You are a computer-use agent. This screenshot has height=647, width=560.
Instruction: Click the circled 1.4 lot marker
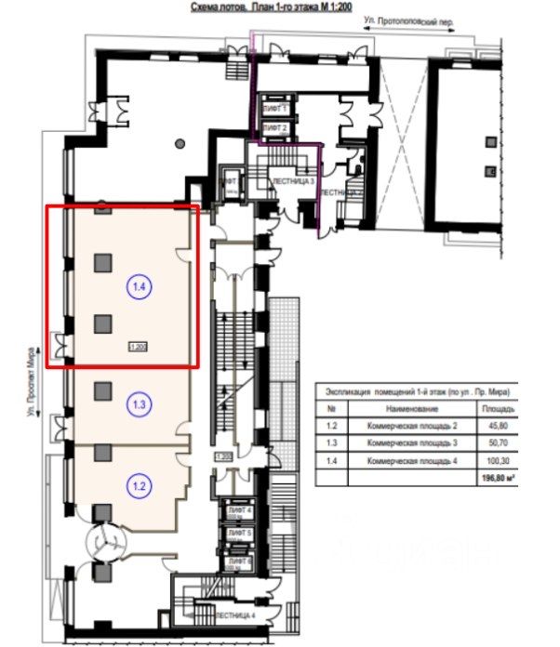point(139,287)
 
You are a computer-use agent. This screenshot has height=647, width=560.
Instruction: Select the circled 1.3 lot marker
point(139,404)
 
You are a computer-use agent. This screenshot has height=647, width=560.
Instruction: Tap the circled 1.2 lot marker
point(139,484)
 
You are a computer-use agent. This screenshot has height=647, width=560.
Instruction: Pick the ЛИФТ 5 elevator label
point(241,535)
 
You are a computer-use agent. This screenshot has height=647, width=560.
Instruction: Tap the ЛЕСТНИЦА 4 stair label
point(233,616)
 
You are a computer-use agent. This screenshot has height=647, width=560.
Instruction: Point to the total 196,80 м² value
point(496,477)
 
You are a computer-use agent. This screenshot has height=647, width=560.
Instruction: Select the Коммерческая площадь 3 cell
point(406,442)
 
